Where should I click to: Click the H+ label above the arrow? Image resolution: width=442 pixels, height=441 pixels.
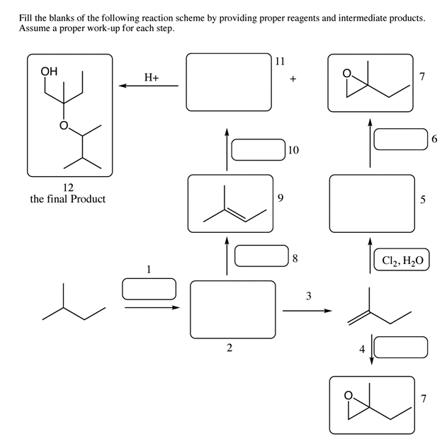(151, 78)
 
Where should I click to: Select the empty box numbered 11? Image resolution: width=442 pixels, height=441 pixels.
(228, 82)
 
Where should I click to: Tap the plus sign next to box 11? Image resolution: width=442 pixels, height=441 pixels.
(293, 80)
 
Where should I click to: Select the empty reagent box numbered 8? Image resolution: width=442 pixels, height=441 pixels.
(260, 256)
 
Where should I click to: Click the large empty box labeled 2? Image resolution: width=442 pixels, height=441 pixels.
(232, 309)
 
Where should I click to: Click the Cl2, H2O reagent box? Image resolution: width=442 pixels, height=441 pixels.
(401, 260)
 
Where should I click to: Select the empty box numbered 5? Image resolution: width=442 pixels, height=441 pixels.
(373, 203)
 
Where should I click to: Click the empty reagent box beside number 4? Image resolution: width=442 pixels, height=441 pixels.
(400, 348)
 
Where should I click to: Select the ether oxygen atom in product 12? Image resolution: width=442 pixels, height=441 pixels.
(63, 126)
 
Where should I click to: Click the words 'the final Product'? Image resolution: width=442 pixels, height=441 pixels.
(68, 199)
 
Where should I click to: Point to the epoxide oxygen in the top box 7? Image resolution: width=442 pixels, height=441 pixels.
(346, 73)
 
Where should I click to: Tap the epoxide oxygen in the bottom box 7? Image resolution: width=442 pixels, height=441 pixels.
(347, 396)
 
